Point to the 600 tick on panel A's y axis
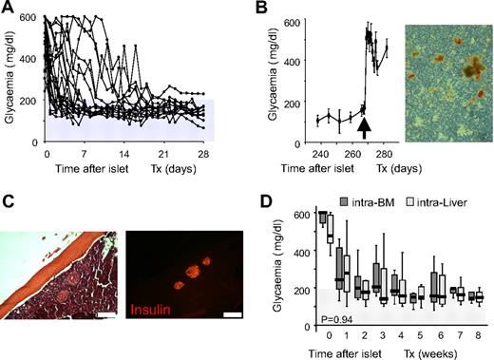pos(34,17)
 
